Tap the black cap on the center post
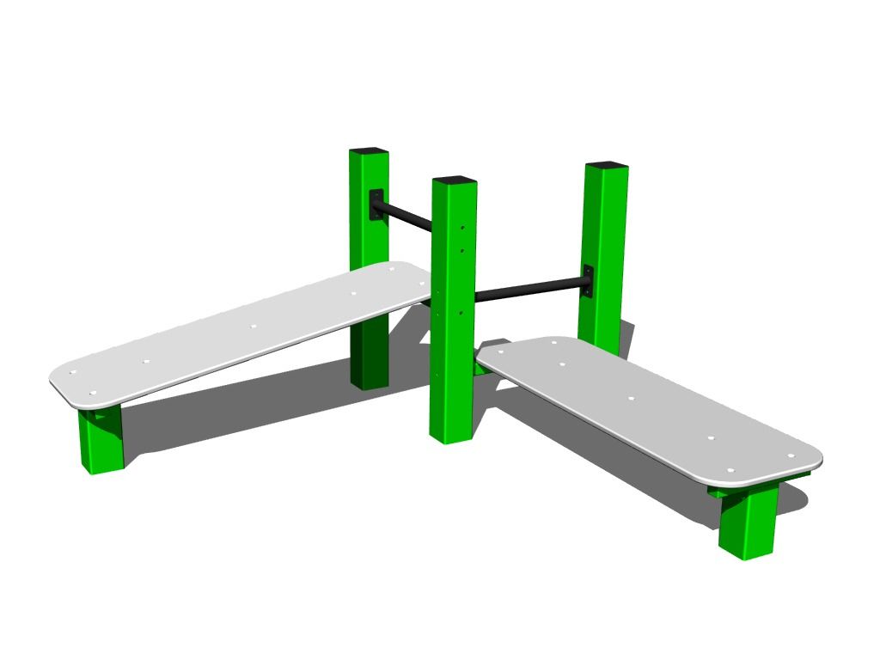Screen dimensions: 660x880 [x=455, y=180]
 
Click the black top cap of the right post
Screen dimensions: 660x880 [x=607, y=166]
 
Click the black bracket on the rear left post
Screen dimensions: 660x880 [x=376, y=205]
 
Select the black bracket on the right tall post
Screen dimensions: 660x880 [x=588, y=281]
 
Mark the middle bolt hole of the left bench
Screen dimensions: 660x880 [x=253, y=327]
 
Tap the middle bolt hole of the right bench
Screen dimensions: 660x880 [x=632, y=400]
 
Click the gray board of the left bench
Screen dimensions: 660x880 [x=215, y=344]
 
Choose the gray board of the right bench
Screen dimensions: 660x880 [x=653, y=412]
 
